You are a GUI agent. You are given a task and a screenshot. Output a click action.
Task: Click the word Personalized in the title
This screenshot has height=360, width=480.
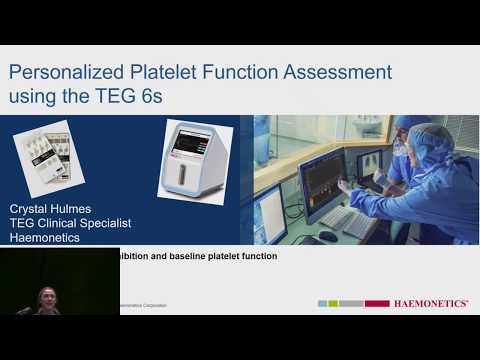pyautogui.click(x=68, y=73)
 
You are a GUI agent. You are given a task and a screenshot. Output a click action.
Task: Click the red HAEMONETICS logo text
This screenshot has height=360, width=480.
pyautogui.click(x=431, y=303)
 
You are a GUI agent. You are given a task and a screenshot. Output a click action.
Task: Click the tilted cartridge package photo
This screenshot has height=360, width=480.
pyautogui.click(x=47, y=157)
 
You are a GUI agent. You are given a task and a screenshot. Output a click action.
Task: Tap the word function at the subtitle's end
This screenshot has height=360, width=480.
pyautogui.click(x=257, y=256)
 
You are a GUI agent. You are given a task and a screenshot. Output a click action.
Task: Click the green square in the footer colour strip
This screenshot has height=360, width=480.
pyautogui.click(x=333, y=303)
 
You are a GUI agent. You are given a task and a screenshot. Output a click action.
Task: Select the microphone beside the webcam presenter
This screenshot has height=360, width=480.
pyautogui.click(x=22, y=310)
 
